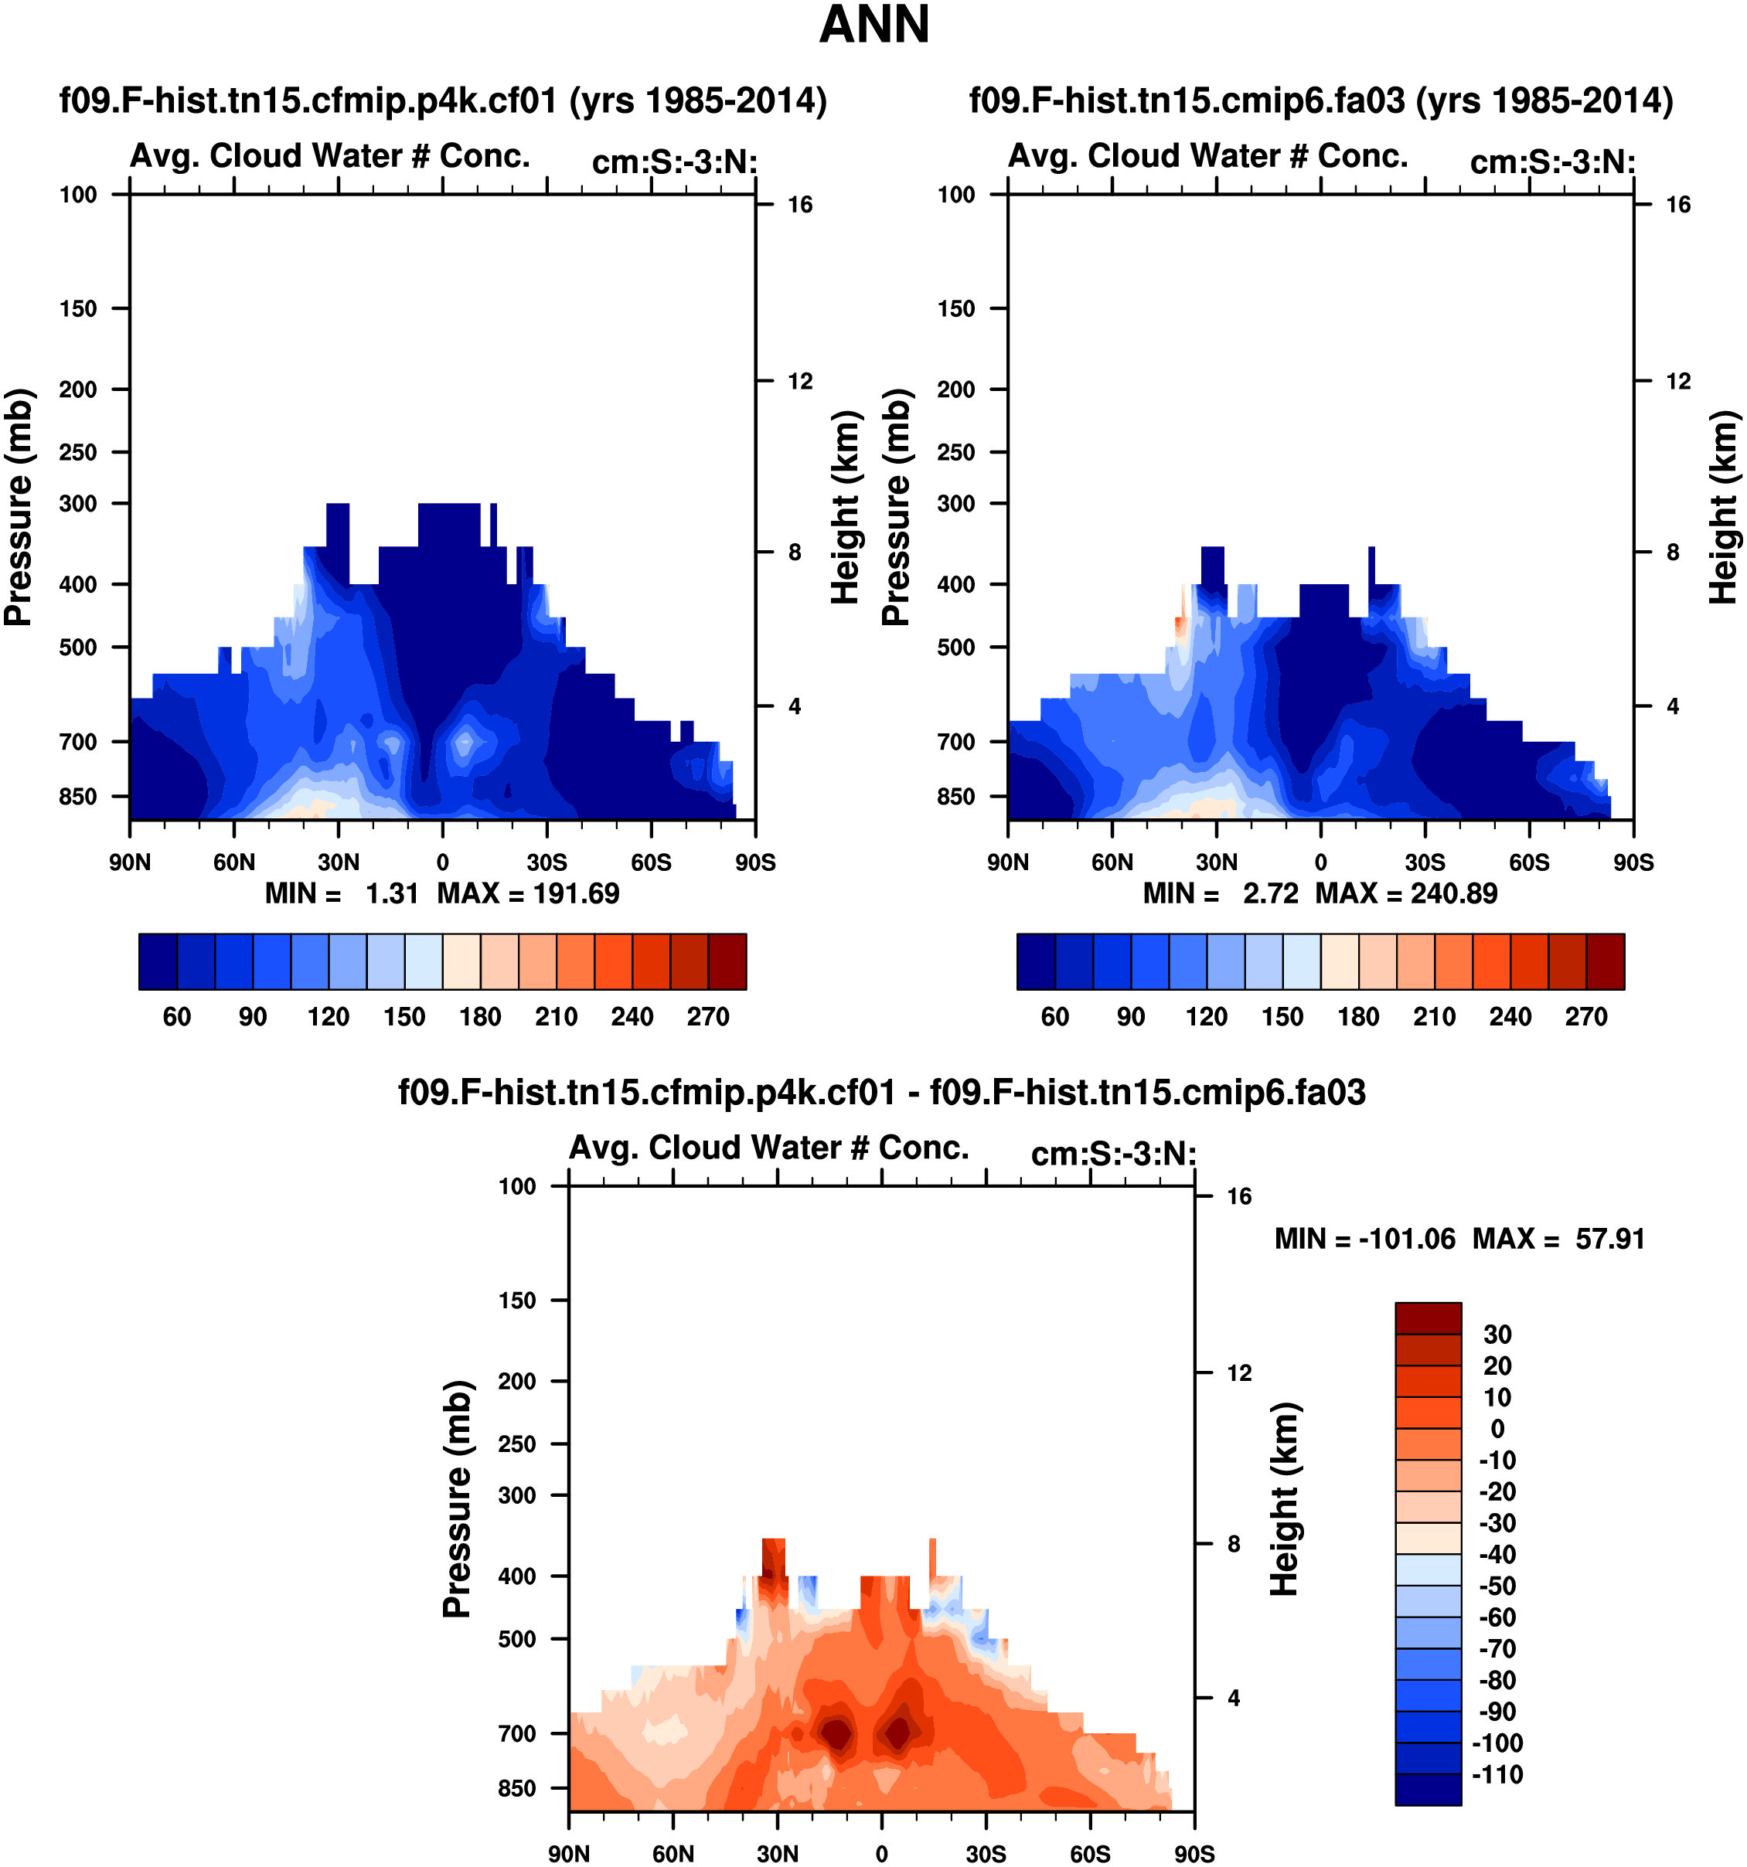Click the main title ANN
coord(873,26)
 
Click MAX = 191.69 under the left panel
coord(528,893)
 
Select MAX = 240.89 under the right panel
coord(1406,893)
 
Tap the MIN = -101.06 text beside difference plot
coord(1364,1239)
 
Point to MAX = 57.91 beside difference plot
coord(1559,1239)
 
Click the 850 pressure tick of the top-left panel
coord(78,797)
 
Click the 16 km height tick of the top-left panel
coord(799,205)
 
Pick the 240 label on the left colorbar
coord(632,1017)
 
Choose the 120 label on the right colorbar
coord(1206,1017)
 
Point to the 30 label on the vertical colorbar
coord(1497,1335)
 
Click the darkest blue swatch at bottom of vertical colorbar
coord(1428,1788)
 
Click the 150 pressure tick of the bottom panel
coord(516,1301)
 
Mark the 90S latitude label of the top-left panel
coord(755,862)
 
